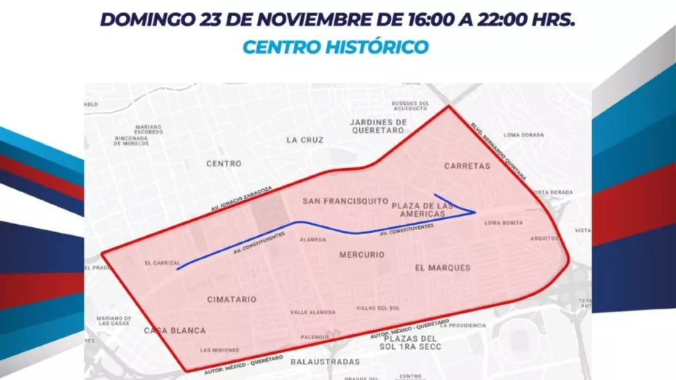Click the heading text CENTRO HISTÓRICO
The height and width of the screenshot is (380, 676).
click(335, 47)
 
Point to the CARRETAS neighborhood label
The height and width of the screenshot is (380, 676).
click(467, 166)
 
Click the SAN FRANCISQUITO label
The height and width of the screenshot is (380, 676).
click(345, 200)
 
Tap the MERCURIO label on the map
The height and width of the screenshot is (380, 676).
click(361, 255)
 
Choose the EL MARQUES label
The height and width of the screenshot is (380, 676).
click(442, 267)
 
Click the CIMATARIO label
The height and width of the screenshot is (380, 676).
click(232, 299)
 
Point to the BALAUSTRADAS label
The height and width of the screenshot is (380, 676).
click(325, 361)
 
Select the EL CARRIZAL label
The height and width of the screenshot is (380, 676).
click(162, 263)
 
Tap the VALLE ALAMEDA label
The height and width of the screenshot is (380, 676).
click(313, 312)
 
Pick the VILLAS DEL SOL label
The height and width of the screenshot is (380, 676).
click(378, 308)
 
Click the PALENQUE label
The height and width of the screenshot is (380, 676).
click(315, 337)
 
